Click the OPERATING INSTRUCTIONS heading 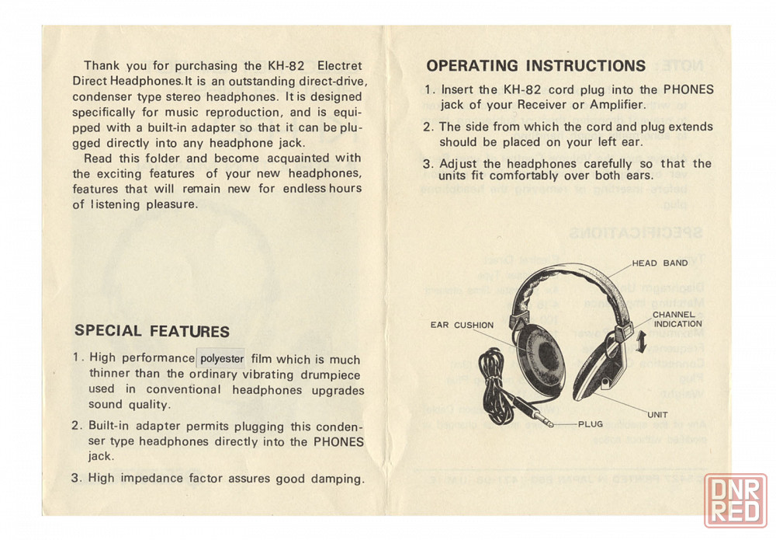click(x=535, y=66)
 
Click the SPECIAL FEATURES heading click(x=152, y=331)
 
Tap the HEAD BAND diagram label click(x=660, y=263)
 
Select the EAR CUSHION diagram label click(x=462, y=326)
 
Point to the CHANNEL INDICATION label click(x=677, y=319)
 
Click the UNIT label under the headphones click(x=657, y=414)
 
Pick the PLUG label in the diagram click(x=590, y=424)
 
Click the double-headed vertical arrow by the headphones click(x=639, y=342)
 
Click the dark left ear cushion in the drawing click(x=539, y=357)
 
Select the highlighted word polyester click(x=222, y=359)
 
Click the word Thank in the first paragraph click(x=102, y=66)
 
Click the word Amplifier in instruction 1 click(x=597, y=104)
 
